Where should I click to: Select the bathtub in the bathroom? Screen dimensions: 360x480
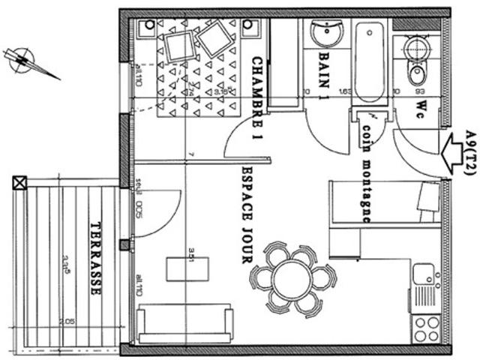[x=370, y=63]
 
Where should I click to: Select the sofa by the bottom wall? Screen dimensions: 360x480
[x=184, y=323]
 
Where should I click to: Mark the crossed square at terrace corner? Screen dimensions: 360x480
[x=19, y=182]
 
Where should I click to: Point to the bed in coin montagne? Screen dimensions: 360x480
[x=382, y=203]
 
